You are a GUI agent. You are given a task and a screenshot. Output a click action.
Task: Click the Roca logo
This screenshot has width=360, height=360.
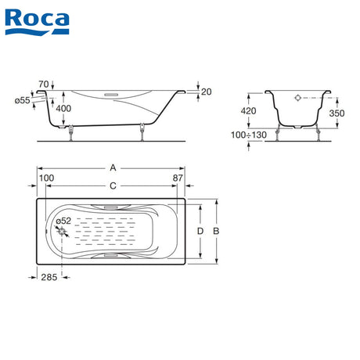coord(37,22)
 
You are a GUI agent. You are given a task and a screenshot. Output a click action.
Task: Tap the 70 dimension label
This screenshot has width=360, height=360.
coord(44,85)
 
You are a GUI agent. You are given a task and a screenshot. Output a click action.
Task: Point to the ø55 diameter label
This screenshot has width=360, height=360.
coord(23,100)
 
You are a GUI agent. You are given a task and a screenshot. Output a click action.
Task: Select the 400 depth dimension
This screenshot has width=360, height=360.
coord(63,108)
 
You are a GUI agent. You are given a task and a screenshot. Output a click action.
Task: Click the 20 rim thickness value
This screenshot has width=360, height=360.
coord(207,92)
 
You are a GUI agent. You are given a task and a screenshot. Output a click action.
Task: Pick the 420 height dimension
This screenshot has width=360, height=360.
coord(248,111)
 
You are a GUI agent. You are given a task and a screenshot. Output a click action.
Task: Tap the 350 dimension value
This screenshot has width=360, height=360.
coord(337,113)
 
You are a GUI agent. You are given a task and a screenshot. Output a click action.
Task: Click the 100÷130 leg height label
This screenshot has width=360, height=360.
coord(249,135)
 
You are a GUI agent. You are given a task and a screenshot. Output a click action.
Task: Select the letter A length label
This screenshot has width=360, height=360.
coord(113,167)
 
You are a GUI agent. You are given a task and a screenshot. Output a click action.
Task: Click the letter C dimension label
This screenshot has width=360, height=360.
coord(113,186)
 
